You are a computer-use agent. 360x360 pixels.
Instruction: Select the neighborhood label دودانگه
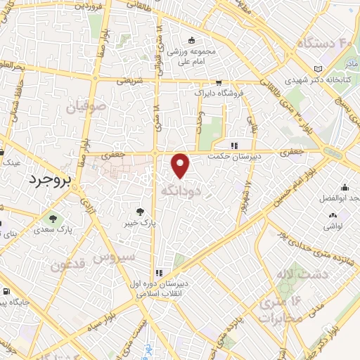(182, 191)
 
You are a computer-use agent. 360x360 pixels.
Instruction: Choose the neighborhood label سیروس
(116, 257)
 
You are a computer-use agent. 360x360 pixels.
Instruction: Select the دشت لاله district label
(302, 274)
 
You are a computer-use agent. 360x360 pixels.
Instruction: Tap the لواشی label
(333, 227)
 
